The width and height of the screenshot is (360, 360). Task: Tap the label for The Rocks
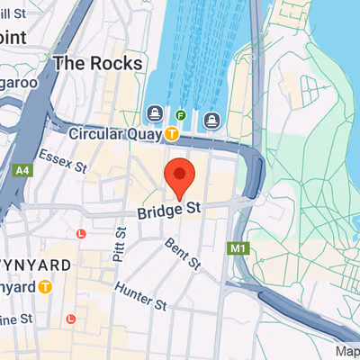pos(97,63)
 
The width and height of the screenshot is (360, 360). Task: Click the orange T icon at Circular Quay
pos(171,133)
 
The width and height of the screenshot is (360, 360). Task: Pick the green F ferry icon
pos(181,115)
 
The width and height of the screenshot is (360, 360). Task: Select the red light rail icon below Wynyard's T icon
pos(70,319)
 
